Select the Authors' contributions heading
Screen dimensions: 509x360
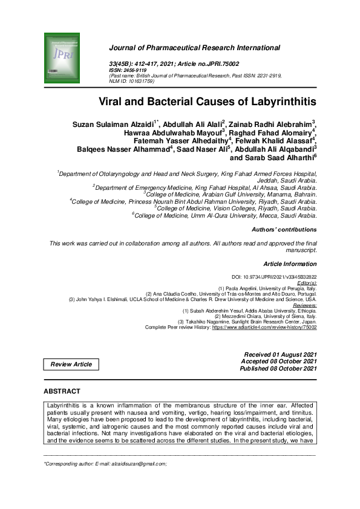point(284,230)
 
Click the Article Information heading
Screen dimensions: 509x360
point(290,264)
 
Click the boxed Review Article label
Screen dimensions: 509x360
point(71,364)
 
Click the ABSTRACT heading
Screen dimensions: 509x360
point(62,392)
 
